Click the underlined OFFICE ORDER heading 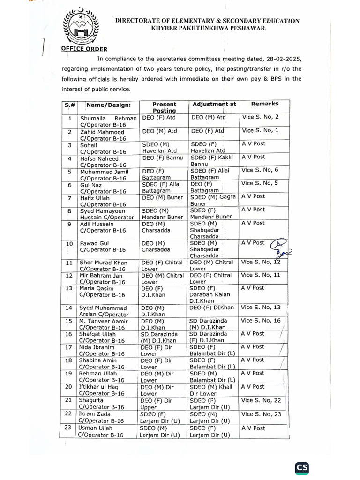tap(84, 49)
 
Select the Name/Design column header tap(108, 105)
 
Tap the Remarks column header tap(265, 104)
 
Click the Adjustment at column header tap(214, 104)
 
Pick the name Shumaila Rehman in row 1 tap(109, 119)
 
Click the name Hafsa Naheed tap(96, 159)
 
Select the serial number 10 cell tap(69, 244)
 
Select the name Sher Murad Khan tap(102, 262)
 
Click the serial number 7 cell tap(69, 198)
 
